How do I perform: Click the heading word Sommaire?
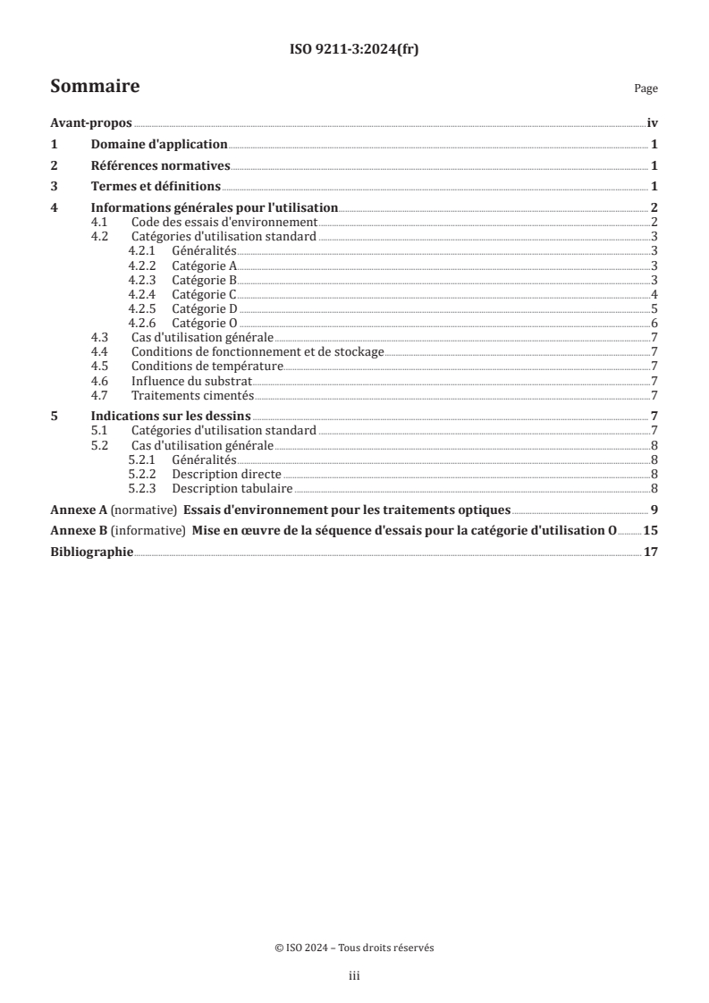pyautogui.click(x=94, y=87)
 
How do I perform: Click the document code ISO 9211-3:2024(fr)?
pyautogui.click(x=354, y=50)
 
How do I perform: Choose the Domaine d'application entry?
pyautogui.click(x=160, y=145)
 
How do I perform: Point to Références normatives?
pyautogui.click(x=161, y=165)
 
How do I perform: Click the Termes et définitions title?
pyautogui.click(x=156, y=186)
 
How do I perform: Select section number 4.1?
pyautogui.click(x=100, y=222)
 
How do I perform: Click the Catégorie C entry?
pyautogui.click(x=204, y=294)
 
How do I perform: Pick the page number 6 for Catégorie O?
pyautogui.click(x=654, y=323)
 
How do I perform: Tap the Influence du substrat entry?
pyautogui.click(x=192, y=381)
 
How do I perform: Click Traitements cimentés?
pyautogui.click(x=192, y=395)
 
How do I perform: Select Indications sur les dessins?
pyautogui.click(x=171, y=416)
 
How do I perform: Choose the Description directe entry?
pyautogui.click(x=226, y=473)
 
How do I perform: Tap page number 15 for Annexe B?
pyautogui.click(x=651, y=531)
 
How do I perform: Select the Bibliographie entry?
pyautogui.click(x=91, y=552)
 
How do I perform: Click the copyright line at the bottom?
pyautogui.click(x=354, y=948)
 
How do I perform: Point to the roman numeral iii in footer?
pyautogui.click(x=354, y=977)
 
